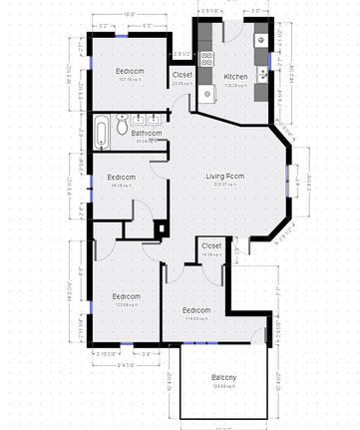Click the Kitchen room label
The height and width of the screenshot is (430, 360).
pos(235,77)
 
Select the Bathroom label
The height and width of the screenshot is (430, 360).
pos(147,133)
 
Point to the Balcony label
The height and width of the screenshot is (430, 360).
pos(224,376)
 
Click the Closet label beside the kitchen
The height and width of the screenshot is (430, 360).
pos(182,75)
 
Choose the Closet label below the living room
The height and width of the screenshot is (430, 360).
pos(211,245)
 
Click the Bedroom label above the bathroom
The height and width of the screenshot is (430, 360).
pos(131,71)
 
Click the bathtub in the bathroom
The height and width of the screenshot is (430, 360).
pos(103,130)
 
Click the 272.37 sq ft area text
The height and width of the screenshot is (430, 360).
pos(225,186)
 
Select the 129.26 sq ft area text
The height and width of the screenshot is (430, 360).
pos(235,85)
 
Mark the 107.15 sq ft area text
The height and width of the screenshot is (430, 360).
pos(131,79)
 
